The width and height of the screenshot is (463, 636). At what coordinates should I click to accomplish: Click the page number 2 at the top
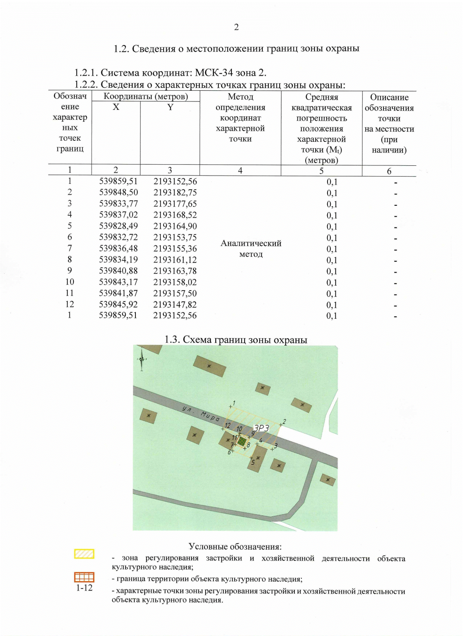click(x=236, y=27)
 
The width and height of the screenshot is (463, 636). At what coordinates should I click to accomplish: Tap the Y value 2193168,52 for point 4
click(x=175, y=215)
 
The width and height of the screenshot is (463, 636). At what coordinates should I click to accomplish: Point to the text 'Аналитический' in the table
click(x=251, y=243)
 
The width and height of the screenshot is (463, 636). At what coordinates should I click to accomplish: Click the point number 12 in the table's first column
click(x=69, y=304)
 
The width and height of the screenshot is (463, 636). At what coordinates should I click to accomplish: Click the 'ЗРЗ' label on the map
click(x=261, y=428)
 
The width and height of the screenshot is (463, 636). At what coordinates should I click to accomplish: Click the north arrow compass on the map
click(x=142, y=359)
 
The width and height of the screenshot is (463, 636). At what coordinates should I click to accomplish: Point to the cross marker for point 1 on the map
click(x=231, y=406)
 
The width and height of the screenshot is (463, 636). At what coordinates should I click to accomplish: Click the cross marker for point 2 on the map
click(x=281, y=425)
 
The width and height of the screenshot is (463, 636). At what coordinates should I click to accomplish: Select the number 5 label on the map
click(x=253, y=463)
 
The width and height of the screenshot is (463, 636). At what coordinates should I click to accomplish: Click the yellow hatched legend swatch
click(x=84, y=554)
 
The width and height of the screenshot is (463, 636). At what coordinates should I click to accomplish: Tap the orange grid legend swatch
click(x=84, y=577)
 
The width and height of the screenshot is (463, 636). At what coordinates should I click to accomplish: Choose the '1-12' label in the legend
click(x=84, y=588)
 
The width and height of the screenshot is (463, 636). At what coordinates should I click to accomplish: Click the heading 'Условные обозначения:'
click(x=235, y=547)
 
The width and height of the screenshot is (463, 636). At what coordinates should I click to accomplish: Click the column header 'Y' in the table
click(x=170, y=107)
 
